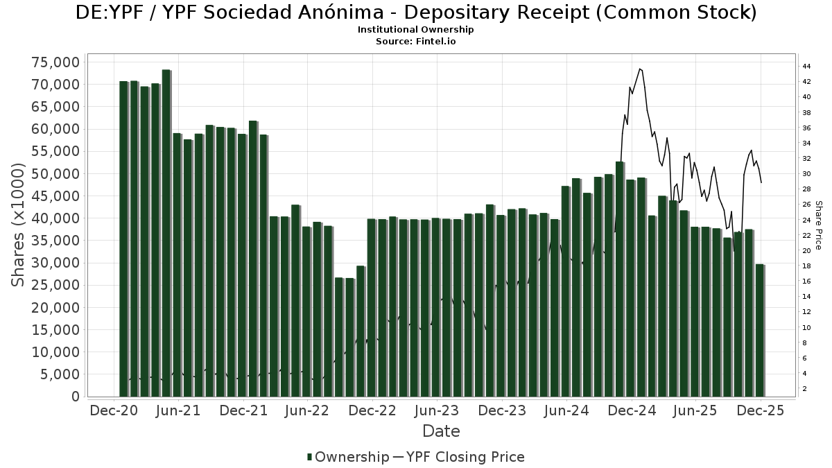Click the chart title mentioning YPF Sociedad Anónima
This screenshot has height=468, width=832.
click(x=416, y=12)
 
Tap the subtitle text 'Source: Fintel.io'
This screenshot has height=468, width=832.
click(x=416, y=41)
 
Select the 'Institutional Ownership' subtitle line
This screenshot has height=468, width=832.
click(x=416, y=30)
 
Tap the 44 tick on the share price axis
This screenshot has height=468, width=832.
click(x=806, y=67)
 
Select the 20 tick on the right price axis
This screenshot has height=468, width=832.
click(x=806, y=251)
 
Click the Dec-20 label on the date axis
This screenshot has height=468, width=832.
click(x=114, y=410)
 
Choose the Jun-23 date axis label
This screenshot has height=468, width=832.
click(x=437, y=410)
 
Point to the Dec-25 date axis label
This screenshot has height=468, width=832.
click(x=761, y=410)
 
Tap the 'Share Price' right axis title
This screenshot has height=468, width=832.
click(x=819, y=225)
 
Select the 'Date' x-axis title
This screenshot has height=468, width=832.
click(x=441, y=431)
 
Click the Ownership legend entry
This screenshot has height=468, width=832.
click(x=348, y=457)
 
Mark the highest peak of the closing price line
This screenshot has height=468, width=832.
click(x=640, y=69)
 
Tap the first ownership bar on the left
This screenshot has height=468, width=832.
click(x=123, y=239)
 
